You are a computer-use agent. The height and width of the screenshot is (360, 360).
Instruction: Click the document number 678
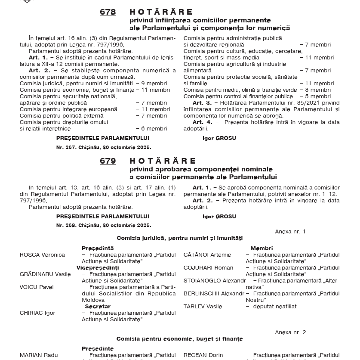tap(108, 12)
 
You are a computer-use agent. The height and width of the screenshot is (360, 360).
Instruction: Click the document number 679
tap(108, 161)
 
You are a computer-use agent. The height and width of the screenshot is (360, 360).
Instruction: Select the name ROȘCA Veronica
tap(42, 255)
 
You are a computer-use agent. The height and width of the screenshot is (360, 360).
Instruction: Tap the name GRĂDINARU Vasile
tap(45, 274)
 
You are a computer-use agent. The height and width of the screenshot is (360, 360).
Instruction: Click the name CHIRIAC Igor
tap(37, 313)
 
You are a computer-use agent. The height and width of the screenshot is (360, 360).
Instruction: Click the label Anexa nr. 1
tap(290, 232)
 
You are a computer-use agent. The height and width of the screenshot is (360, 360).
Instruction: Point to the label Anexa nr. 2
tap(290, 332)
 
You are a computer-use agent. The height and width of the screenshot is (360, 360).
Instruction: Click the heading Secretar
tap(98, 307)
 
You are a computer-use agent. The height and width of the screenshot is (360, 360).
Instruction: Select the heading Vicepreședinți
tap(98, 268)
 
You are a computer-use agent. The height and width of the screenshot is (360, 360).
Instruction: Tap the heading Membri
tap(262, 248)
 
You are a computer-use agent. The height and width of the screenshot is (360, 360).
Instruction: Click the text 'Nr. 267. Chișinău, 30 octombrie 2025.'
tap(104, 147)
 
